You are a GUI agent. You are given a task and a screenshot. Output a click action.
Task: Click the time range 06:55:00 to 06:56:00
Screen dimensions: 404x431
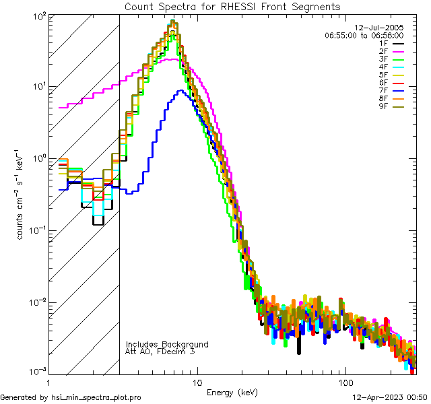pyautogui.click(x=364, y=35)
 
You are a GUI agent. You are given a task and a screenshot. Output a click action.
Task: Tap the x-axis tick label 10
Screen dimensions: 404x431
pyautogui.click(x=197, y=382)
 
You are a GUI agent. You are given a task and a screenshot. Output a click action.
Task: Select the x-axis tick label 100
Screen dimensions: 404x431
pyautogui.click(x=345, y=382)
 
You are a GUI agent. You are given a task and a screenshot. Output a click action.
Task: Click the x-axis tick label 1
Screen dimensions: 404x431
pyautogui.click(x=48, y=382)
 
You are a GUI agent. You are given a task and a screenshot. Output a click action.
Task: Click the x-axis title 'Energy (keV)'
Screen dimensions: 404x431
pyautogui.click(x=232, y=392)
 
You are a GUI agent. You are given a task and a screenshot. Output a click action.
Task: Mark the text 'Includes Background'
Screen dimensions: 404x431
pyautogui.click(x=167, y=344)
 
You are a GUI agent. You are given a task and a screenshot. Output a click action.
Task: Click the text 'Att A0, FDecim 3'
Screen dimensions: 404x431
pyautogui.click(x=160, y=351)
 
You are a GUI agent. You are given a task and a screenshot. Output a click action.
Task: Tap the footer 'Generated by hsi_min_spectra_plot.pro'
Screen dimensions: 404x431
pyautogui.click(x=71, y=397)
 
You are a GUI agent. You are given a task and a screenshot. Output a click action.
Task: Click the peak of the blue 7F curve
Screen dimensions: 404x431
pyautogui.click(x=180, y=91)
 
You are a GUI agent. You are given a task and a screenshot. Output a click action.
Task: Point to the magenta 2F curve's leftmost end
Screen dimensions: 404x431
pyautogui.click(x=60, y=107)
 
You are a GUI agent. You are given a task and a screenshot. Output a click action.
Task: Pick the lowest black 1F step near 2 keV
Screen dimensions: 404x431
pyautogui.click(x=98, y=224)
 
